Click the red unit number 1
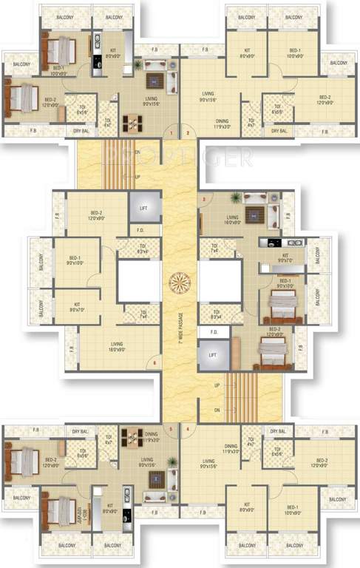pyautogui.click(x=171, y=134)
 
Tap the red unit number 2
pyautogui.click(x=188, y=134)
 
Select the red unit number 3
pyautogui.click(x=204, y=200)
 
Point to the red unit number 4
pyautogui.click(x=188, y=428)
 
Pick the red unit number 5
pyautogui.click(x=171, y=428)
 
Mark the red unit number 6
pyautogui.click(x=154, y=362)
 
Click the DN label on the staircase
pyautogui.click(x=217, y=410)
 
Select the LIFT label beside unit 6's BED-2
pyautogui.click(x=144, y=209)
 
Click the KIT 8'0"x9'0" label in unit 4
pyautogui.click(x=247, y=510)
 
